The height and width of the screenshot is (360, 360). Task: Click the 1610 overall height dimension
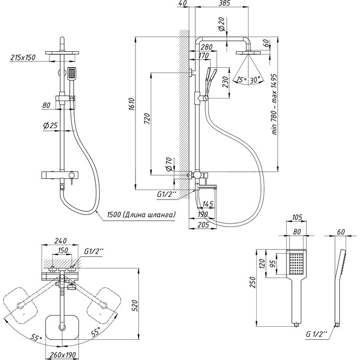point(131,104)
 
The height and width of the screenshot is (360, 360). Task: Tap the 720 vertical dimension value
point(147,119)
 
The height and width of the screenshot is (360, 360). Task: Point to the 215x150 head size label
point(23,57)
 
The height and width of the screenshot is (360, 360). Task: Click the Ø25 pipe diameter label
point(50,125)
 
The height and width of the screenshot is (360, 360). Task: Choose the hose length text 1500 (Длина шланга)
point(141,214)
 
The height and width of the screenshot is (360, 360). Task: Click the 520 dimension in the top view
point(134,306)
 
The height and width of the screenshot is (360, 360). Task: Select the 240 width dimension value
point(60,241)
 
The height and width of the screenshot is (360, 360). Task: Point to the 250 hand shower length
point(253,283)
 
